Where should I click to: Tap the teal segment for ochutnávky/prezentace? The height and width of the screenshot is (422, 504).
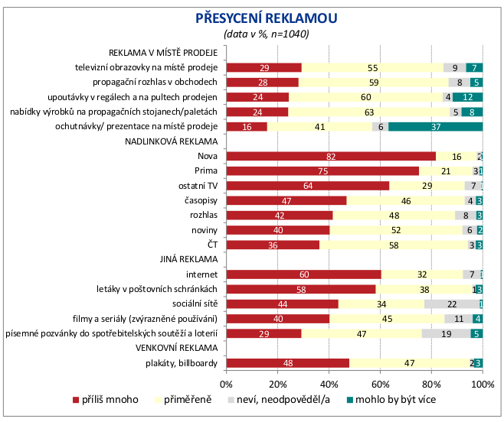pyautogui.click(x=435, y=127)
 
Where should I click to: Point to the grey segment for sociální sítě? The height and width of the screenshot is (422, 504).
pyautogui.click(x=451, y=304)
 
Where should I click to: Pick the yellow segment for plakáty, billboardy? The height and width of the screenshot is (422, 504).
pyautogui.click(x=409, y=363)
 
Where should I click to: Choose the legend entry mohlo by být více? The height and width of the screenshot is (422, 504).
pyautogui.click(x=395, y=400)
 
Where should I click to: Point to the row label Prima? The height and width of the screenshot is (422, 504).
pyautogui.click(x=208, y=171)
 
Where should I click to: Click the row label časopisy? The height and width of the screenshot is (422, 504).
pyautogui.click(x=202, y=200)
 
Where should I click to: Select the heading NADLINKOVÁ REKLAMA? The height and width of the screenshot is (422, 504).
pyautogui.click(x=172, y=141)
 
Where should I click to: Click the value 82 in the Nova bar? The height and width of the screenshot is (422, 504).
pyautogui.click(x=330, y=156)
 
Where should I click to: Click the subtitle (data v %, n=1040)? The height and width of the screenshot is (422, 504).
pyautogui.click(x=266, y=34)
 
